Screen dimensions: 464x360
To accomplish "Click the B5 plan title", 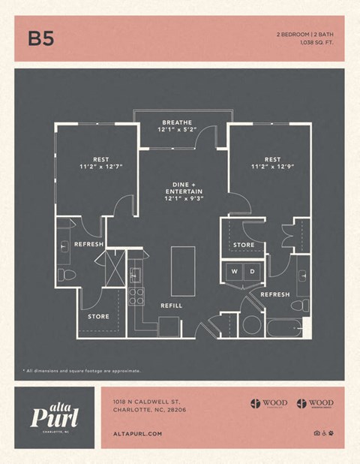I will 41,38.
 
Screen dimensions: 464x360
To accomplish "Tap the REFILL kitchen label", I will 172,306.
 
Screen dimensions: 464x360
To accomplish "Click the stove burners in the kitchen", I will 136,297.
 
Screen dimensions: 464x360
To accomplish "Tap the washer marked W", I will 234,271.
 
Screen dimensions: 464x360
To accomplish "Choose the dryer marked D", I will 253,271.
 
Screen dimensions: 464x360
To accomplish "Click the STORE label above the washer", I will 244,245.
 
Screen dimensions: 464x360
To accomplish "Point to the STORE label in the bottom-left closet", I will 98,317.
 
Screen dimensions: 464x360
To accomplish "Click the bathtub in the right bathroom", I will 284,328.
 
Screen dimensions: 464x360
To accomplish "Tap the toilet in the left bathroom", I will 67,274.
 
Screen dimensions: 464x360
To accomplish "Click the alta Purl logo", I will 54,415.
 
